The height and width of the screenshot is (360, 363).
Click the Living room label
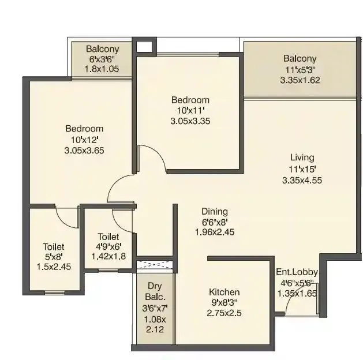tap(302, 157)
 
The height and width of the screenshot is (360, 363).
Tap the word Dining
tap(214, 211)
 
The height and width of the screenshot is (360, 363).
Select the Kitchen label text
tap(224, 292)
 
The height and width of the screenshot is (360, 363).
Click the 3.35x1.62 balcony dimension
tap(300, 80)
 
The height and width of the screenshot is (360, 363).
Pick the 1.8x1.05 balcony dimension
tap(102, 69)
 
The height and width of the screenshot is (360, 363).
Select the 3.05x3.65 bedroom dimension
tap(84, 150)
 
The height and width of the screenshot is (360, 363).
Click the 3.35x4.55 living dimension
tap(302, 179)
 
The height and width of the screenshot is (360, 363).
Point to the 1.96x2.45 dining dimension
tap(214, 232)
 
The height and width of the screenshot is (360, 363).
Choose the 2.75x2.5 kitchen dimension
tap(224, 313)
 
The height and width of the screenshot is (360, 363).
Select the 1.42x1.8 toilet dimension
tap(108, 257)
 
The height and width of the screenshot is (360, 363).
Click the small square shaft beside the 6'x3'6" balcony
tap(145, 47)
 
